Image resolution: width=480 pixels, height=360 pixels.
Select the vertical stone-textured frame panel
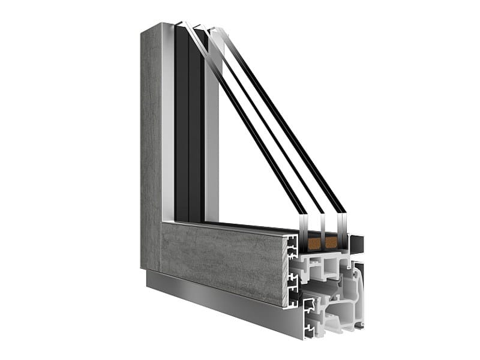(151, 144)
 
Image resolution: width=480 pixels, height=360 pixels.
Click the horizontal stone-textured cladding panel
(222, 258)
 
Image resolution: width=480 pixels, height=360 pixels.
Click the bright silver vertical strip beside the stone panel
(168, 120)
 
